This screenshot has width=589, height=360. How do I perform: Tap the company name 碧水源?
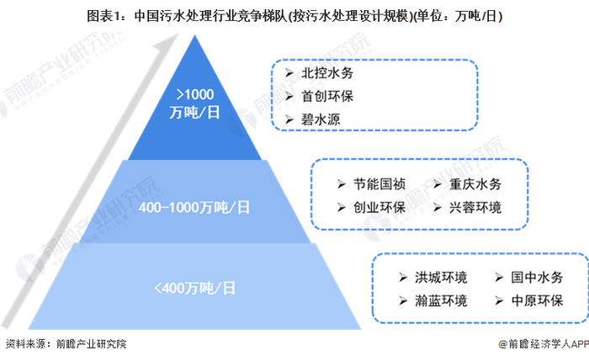[x=321, y=119]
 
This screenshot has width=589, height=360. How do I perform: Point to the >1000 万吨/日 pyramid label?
[x=194, y=103]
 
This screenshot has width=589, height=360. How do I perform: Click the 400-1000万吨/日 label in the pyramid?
[x=194, y=206]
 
